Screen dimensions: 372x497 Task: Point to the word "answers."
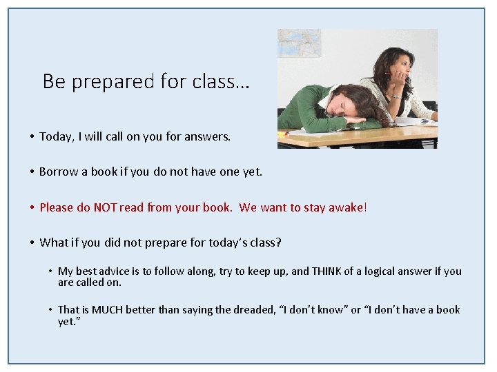208,136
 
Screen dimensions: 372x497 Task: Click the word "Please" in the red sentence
57,207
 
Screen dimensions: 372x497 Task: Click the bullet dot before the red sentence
32,207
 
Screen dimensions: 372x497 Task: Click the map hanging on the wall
299,43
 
